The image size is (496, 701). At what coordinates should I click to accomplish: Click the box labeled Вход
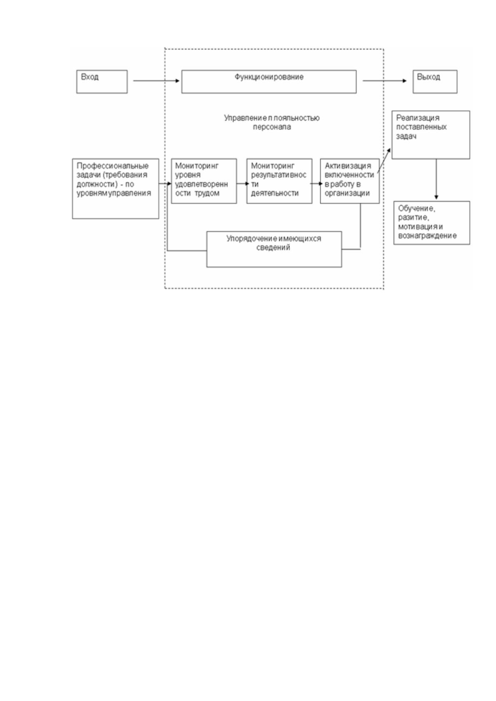pos(102,82)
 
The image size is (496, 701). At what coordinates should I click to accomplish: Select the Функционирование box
pos(269,82)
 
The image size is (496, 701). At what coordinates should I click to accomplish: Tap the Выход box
pos(435,82)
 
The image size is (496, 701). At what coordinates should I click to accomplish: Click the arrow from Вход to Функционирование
pos(156,81)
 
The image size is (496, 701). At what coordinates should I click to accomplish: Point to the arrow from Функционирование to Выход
pos(384,81)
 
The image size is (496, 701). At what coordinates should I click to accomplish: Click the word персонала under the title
pos(272,127)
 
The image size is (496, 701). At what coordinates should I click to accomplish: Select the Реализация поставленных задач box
pos(431,135)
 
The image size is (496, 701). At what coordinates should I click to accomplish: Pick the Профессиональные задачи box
pos(115,189)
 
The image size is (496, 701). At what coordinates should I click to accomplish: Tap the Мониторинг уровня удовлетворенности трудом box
pos(204,181)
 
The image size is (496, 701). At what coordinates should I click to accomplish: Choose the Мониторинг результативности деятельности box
pos(279,181)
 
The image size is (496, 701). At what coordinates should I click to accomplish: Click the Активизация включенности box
pos(350,181)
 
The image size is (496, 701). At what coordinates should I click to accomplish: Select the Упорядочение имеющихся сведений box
pos(274,249)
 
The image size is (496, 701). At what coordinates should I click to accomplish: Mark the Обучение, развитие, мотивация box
pos(432,223)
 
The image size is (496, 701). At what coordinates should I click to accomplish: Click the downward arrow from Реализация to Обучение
pos(436,179)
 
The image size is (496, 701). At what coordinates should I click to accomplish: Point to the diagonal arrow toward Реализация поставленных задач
pos(384,161)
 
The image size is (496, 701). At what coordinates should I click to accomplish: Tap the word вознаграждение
pos(427,236)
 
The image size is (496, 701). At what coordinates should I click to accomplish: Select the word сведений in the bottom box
pos(273,248)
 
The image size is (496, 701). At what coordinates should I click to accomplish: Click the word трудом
pos(207,194)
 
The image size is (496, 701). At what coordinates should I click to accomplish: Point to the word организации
pos(347,194)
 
